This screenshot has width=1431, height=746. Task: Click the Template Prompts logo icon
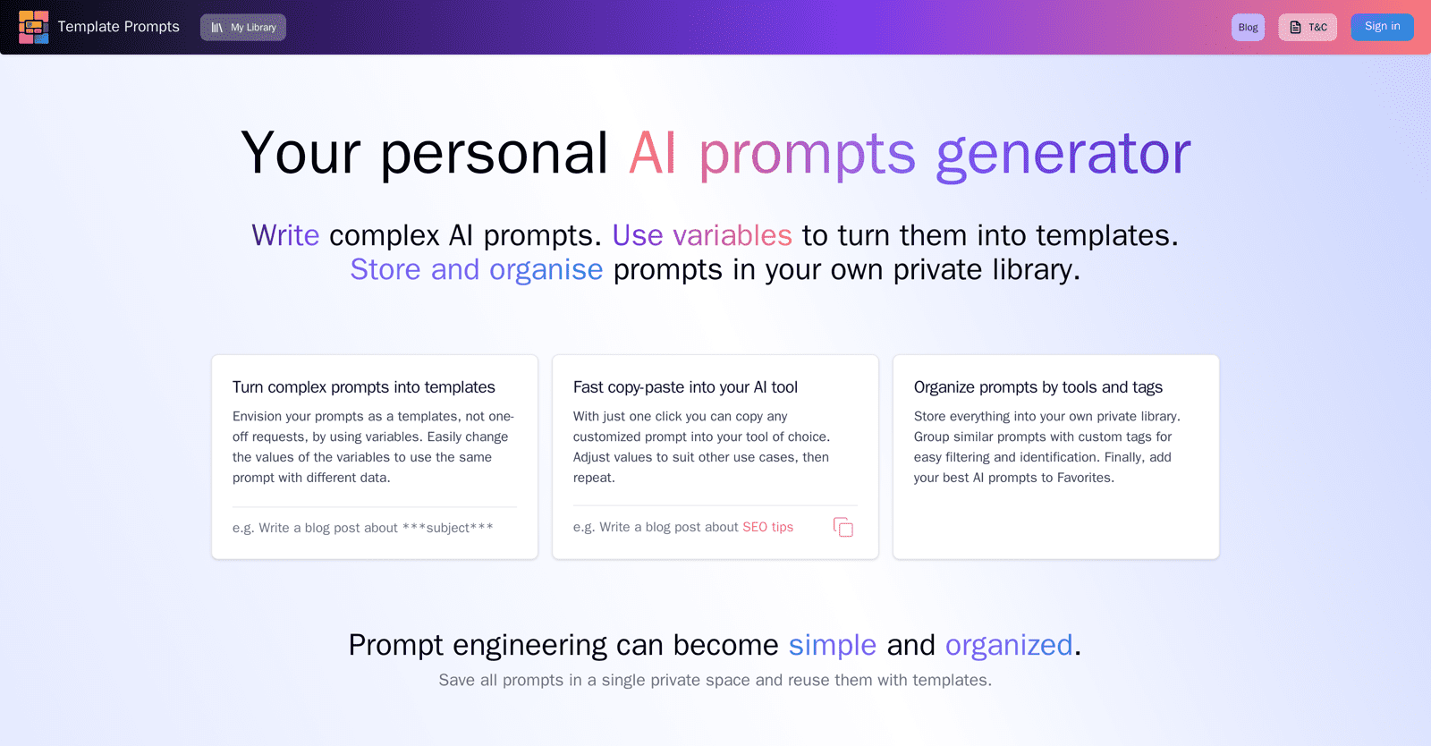[33, 27]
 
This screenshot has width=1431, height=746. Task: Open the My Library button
[243, 28]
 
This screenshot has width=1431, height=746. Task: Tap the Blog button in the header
[1248, 28]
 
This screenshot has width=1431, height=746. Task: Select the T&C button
[1308, 28]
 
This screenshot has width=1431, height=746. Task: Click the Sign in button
[1383, 27]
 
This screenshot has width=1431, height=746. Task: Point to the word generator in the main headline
[1063, 154]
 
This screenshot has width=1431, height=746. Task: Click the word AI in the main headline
[652, 152]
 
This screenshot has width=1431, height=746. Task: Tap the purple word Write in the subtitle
[285, 235]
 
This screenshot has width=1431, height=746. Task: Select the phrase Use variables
[702, 235]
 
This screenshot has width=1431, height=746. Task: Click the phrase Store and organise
[477, 269]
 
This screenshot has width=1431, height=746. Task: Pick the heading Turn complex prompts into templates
[363, 387]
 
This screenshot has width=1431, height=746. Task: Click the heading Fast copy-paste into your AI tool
[685, 387]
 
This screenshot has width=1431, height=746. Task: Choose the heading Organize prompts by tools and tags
[1038, 387]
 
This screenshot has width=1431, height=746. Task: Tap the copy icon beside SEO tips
[843, 528]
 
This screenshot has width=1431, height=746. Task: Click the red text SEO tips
[768, 527]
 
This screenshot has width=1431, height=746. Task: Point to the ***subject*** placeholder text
[448, 528]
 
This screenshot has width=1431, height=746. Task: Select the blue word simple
[833, 645]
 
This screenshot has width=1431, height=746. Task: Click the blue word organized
[1009, 645]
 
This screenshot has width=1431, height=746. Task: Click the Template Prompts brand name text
[119, 27]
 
